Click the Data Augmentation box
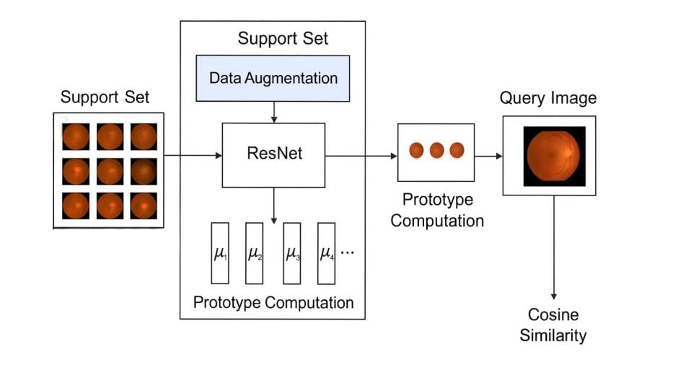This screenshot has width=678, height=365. [x=273, y=78]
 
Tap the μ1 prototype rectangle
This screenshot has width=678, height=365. [x=220, y=252]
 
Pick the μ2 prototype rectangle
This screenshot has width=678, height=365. [x=255, y=252]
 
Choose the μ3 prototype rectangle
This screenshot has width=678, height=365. [x=292, y=252]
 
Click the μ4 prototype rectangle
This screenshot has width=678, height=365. [x=327, y=252]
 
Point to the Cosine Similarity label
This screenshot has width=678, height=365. [x=553, y=325]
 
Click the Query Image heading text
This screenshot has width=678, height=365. [x=548, y=97]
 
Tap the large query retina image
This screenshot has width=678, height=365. [x=553, y=157]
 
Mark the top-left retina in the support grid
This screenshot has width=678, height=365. [x=75, y=136]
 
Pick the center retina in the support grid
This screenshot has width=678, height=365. [x=109, y=171]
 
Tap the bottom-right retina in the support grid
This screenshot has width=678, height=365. [x=144, y=206]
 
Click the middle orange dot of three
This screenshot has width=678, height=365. [x=436, y=151]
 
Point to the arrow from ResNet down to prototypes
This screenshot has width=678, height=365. [x=273, y=202]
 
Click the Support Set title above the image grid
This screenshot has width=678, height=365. [x=105, y=97]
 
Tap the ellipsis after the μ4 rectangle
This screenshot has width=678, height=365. [x=348, y=253]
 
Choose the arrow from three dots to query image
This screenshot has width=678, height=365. [x=488, y=155]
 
